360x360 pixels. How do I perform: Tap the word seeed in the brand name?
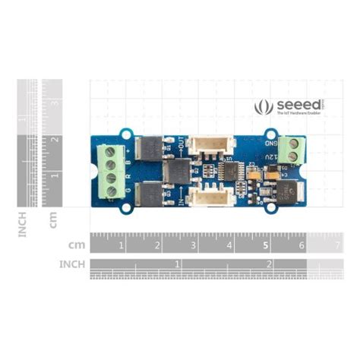coord(292,105)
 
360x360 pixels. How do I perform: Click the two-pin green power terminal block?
coord(289,150)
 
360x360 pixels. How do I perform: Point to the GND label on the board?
coord(270,144)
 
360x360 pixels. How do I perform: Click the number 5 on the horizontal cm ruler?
coord(265,245)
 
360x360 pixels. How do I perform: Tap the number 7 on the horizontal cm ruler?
coord(337,245)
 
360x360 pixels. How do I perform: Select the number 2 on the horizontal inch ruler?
coord(268,264)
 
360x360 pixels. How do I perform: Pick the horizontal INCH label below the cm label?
coord(73,264)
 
